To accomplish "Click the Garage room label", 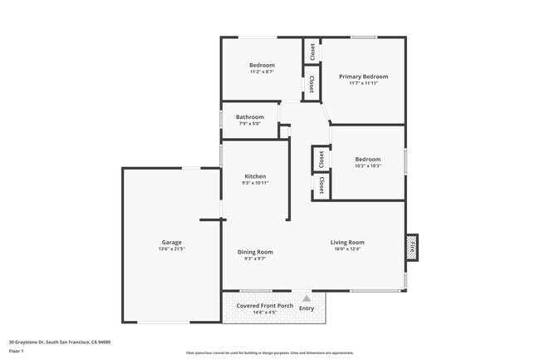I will (171, 243).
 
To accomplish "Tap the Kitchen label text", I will (255, 175).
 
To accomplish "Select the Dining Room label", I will (255, 252).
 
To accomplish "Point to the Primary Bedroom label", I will (363, 76).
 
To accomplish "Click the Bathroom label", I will (249, 116).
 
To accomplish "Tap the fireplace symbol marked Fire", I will (410, 246).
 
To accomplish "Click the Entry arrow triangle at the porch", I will (307, 298).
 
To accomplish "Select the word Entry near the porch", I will (307, 308).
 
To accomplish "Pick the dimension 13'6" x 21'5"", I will (171, 249).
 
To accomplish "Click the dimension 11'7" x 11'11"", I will (363, 83).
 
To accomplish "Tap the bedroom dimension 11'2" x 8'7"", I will (262, 72).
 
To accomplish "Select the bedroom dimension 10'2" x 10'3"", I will (367, 165).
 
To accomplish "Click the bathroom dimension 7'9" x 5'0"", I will (249, 124).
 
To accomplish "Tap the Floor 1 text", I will (17, 351).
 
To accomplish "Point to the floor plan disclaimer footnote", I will (269, 353).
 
